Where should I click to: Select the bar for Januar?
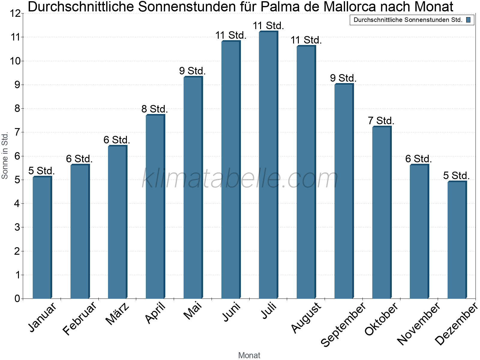point(42,238)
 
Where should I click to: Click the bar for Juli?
point(268,165)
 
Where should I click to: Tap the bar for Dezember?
point(457,240)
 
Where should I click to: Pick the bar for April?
point(155,207)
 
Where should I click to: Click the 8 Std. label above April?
point(154,109)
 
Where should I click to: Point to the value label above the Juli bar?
point(268,26)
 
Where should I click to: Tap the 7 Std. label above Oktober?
point(381,121)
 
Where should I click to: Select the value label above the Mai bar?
point(192,71)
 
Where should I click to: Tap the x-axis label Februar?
point(80,318)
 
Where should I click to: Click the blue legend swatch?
point(468,20)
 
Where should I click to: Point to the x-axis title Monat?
point(249,355)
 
